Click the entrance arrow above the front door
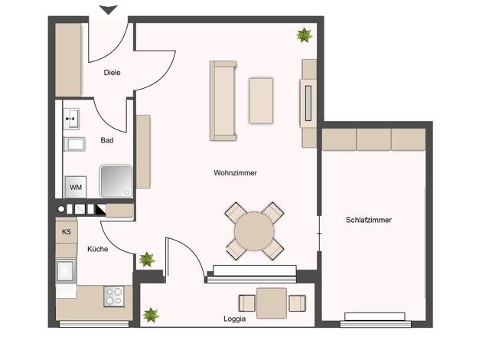coord(109,9)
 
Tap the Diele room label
coord(112,73)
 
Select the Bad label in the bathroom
coord(107,140)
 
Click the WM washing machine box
coord(76,187)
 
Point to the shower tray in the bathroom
coord(116,182)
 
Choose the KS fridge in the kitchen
coord(67,231)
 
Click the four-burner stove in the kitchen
coord(114,296)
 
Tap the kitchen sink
coord(66,270)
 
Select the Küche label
coord(97,249)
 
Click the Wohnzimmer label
coord(235,173)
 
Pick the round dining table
coord(254,231)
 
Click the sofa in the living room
coord(223,100)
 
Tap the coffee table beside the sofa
coord(261,100)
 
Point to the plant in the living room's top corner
coord(304,35)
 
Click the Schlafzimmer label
coord(369,220)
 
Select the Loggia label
coord(235,319)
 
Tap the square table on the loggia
coord(272,303)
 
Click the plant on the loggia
coord(151,315)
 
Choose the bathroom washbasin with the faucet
coord(72,119)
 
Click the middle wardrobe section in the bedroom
coord(373,139)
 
